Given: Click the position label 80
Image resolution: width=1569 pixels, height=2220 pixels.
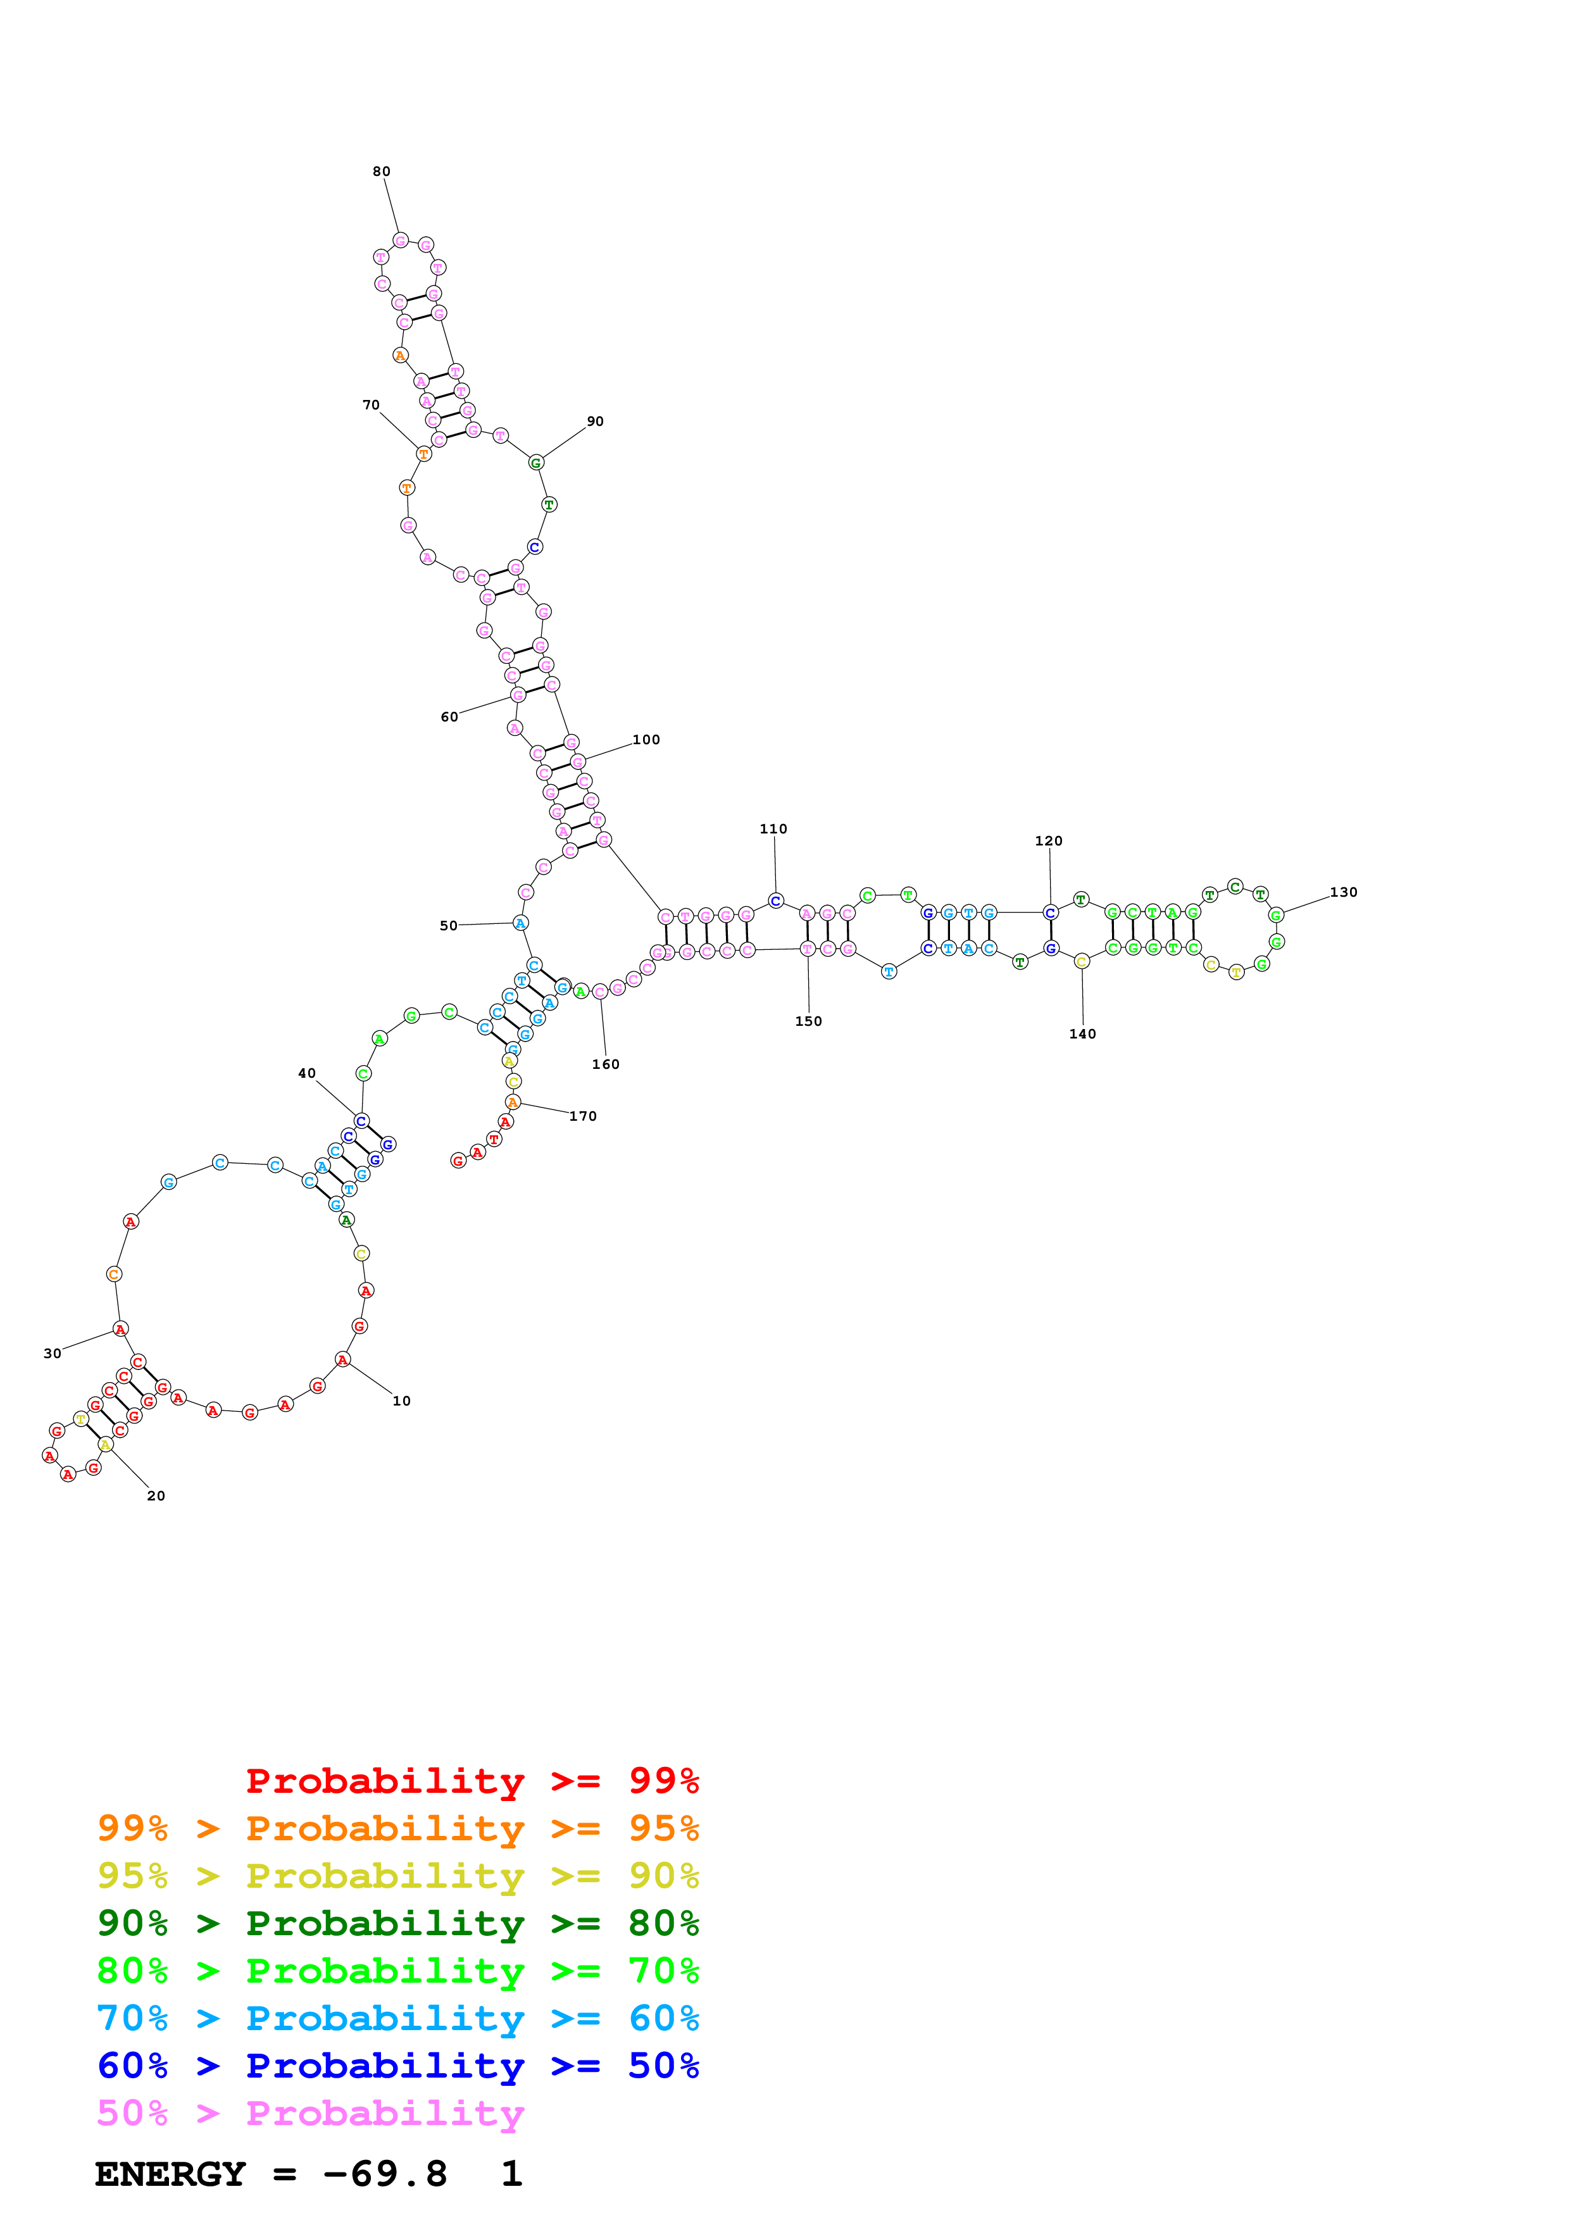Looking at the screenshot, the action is (x=381, y=171).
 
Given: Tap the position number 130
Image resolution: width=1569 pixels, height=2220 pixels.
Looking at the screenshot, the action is (x=1343, y=892).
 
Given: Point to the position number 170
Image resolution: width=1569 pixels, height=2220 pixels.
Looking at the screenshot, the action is (x=583, y=1115).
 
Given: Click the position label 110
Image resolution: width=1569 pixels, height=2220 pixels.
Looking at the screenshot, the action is (x=773, y=828).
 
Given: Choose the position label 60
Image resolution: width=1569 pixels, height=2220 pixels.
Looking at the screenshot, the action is (x=449, y=716).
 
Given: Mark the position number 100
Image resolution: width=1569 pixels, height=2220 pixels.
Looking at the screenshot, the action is (x=646, y=740).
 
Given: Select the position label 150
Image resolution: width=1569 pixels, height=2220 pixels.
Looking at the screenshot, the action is (x=808, y=1021).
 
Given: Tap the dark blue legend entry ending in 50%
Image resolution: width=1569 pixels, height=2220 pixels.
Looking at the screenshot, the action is (x=397, y=2066).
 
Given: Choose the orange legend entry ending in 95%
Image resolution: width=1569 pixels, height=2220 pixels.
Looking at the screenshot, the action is (x=397, y=1828).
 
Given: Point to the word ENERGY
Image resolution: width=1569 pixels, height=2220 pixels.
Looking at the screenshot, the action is (x=170, y=2174).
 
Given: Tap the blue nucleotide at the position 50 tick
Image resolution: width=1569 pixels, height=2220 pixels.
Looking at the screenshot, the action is (x=520, y=923).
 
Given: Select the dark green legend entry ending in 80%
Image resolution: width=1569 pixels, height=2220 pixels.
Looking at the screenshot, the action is (x=397, y=1923).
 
